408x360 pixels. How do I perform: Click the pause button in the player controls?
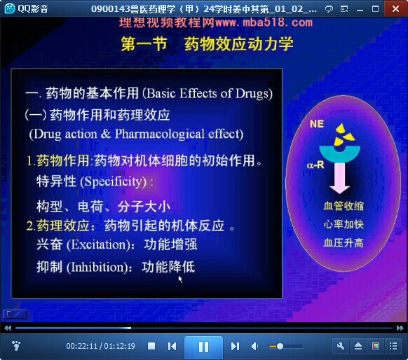(203, 347)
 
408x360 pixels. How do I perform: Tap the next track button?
(235, 346)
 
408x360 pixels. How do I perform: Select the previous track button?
(172, 346)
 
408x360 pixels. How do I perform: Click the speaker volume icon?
(254, 346)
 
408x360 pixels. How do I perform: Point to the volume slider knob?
(280, 347)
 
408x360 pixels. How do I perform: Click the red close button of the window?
(396, 9)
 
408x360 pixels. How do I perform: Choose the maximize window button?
(375, 9)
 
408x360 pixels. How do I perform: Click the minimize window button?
(360, 11)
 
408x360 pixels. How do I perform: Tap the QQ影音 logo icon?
(9, 9)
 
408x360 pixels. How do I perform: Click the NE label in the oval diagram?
(317, 124)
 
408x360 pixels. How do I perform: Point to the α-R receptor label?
(315, 165)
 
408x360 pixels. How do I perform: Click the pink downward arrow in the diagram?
(339, 179)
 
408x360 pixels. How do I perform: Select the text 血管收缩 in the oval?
(344, 206)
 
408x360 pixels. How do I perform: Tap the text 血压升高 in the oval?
(344, 243)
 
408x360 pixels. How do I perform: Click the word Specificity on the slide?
(113, 181)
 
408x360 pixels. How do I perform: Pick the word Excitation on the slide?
(99, 244)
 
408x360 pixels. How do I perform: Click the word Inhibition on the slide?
(99, 268)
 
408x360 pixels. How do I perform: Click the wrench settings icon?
(341, 346)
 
